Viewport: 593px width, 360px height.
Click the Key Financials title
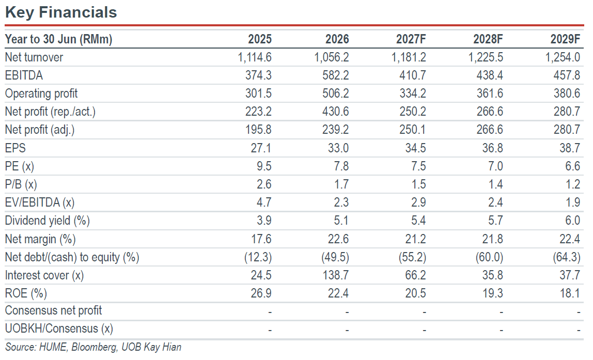point(61,12)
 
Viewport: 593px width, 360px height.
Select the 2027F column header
point(411,39)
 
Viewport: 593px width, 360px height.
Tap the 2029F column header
point(565,39)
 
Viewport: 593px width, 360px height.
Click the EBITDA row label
point(24,75)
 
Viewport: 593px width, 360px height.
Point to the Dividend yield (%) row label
point(48,221)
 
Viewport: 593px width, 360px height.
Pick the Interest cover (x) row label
point(44,275)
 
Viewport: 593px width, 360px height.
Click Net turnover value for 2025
point(255,57)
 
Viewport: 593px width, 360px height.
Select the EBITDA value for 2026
point(335,75)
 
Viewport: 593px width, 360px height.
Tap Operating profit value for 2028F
point(490,93)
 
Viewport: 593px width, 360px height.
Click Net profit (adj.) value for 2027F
point(413,130)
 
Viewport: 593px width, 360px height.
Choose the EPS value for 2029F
point(570,148)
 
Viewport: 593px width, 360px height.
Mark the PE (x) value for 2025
point(264,166)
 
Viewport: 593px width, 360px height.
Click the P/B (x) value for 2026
point(341,184)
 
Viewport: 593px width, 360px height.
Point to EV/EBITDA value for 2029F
point(573,202)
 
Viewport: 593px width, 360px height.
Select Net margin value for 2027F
point(416,239)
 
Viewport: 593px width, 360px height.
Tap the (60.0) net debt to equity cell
point(489,257)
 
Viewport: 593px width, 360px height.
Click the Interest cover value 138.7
point(335,275)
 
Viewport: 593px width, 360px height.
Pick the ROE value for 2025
point(261,293)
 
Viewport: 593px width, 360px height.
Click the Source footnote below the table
point(93,347)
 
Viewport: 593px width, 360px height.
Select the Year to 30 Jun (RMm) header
point(58,39)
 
